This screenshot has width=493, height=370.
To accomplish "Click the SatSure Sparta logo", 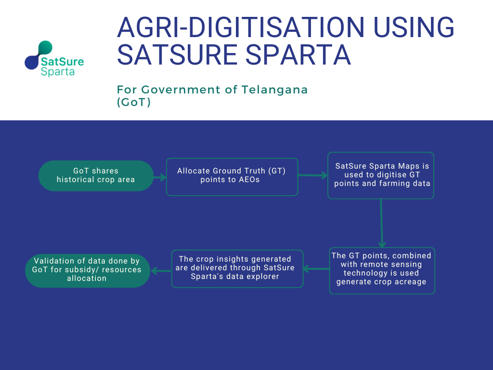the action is [54, 59].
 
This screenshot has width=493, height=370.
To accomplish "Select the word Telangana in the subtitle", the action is [274, 90].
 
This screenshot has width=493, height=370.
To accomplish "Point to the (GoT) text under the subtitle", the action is [134, 102].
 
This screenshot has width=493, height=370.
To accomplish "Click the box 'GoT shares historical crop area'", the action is [96, 175].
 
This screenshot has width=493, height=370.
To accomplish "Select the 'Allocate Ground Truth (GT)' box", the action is [232, 177].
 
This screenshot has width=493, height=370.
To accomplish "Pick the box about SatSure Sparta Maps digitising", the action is [381, 175].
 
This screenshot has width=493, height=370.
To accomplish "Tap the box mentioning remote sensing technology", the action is [382, 271].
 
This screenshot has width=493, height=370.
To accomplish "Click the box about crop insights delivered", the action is [237, 269].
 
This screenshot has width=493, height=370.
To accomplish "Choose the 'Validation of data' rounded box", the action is [88, 271].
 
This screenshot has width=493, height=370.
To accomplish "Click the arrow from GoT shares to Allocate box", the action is [160, 177].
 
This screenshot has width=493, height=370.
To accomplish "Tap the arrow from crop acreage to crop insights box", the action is [316, 269].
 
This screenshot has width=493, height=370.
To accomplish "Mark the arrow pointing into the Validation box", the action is [161, 271].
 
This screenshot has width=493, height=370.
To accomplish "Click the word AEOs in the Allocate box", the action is [248, 180].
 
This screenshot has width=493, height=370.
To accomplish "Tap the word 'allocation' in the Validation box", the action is [87, 278].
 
